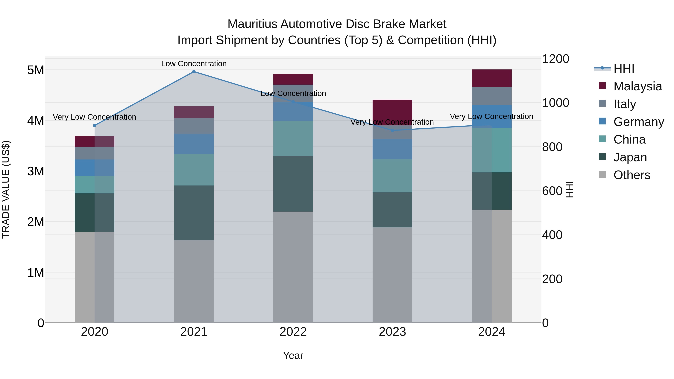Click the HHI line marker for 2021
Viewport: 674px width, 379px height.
pos(194,72)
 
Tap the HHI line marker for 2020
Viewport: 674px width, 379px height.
pos(95,126)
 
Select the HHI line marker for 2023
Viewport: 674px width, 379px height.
pos(392,130)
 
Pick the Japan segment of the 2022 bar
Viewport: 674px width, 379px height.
pos(293,184)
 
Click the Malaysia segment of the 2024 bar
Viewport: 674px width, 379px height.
pos(492,78)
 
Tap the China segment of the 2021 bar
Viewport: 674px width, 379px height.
pos(194,170)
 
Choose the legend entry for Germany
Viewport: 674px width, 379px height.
pos(638,122)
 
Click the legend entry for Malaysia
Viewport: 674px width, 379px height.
pos(637,86)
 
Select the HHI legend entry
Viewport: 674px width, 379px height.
pos(624,69)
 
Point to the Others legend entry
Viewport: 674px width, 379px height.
pos(632,175)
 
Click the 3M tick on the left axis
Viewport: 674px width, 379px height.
pos(36,171)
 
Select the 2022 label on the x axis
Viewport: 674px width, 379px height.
pos(293,332)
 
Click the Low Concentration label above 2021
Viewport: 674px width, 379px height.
pos(194,64)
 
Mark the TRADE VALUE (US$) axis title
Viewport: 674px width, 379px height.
pos(6,189)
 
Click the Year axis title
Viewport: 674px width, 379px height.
pos(293,355)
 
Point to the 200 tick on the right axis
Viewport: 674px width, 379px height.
pos(552,279)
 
